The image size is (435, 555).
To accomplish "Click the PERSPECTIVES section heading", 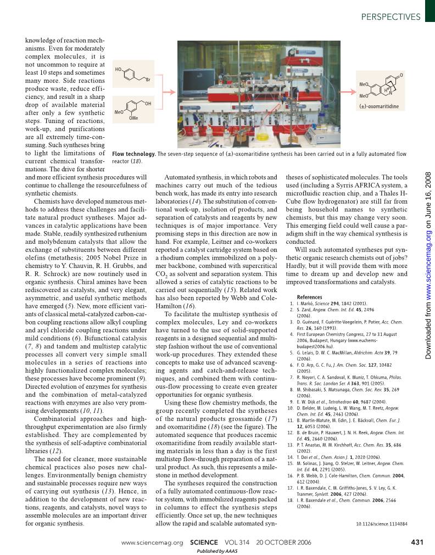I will (x=391, y=17).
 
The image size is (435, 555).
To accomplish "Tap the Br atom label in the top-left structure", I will (x=148, y=80).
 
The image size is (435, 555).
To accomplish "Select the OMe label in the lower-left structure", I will (x=133, y=117).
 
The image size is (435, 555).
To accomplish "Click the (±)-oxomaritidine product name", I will (x=379, y=106).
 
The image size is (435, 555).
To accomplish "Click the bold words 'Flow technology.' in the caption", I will (x=133, y=154).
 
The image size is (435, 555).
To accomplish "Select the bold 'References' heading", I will (x=309, y=297).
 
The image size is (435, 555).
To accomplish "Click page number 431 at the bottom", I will (x=417, y=542).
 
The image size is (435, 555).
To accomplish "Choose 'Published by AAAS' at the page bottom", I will (x=217, y=551).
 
